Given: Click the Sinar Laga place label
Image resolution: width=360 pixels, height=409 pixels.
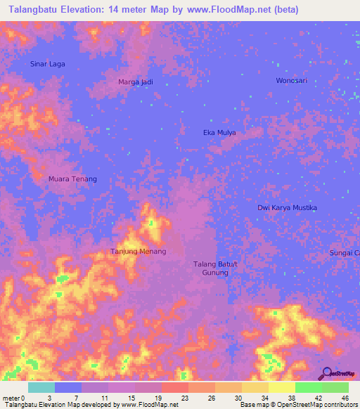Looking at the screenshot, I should click(x=48, y=64).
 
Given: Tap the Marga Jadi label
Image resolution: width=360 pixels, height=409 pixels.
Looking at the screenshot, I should click(x=135, y=82).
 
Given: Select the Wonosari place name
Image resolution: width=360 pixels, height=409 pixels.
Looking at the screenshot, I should click(x=291, y=81).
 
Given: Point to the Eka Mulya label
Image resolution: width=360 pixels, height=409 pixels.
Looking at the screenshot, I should click(x=219, y=132).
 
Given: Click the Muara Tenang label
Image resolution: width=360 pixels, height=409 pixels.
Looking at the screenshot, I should click(x=72, y=179).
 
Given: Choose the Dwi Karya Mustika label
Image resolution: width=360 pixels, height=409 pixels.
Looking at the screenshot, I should click(x=287, y=208).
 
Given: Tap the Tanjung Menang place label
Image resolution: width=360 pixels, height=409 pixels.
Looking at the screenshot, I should click(x=139, y=252).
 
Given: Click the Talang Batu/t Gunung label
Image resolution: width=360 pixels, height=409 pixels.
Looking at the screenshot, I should click(x=216, y=268).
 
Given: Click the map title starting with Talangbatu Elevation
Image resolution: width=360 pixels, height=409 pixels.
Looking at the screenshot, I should click(x=149, y=10).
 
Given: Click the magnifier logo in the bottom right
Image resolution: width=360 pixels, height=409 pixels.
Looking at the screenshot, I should click(x=326, y=373).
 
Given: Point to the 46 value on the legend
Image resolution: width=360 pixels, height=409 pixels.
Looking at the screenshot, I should click(x=345, y=398).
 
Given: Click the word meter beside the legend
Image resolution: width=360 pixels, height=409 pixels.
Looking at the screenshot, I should click(x=11, y=398).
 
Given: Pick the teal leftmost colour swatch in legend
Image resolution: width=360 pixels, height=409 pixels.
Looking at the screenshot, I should click(x=41, y=387).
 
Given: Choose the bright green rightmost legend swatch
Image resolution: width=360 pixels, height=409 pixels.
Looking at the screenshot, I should click(x=335, y=387).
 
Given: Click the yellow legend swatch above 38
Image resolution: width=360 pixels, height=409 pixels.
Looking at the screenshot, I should click(x=282, y=387).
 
